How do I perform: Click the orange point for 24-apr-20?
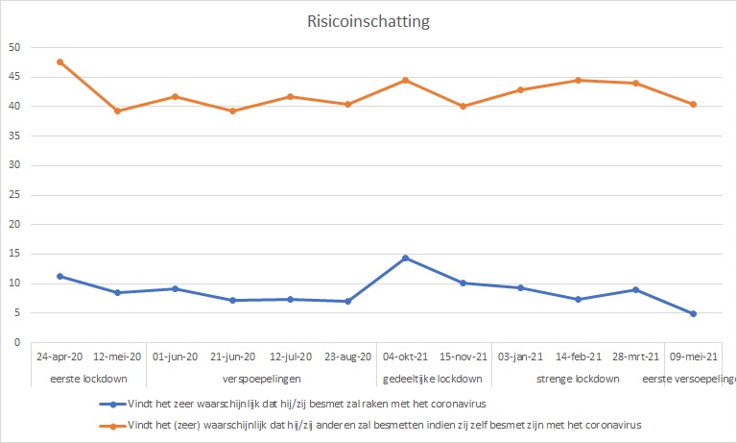[x=59, y=62]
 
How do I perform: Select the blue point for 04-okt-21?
[x=405, y=258]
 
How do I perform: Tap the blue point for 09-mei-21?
[x=693, y=313]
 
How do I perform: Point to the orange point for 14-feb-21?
[x=578, y=80]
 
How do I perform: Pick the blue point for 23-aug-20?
[x=347, y=301]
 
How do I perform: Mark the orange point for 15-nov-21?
[x=463, y=106]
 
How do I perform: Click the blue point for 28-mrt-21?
[x=635, y=289]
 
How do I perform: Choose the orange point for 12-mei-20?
[x=117, y=111]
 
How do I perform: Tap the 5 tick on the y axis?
[x=14, y=313]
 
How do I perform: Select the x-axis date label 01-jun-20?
[x=175, y=357]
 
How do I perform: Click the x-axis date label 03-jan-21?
[x=520, y=357]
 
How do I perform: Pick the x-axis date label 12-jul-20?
[x=290, y=357]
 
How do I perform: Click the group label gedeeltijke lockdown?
[x=434, y=378]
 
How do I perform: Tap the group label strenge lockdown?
[x=578, y=378]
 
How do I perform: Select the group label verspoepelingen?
[x=261, y=378]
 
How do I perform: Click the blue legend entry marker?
[x=113, y=405]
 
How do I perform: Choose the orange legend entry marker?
[x=113, y=423]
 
